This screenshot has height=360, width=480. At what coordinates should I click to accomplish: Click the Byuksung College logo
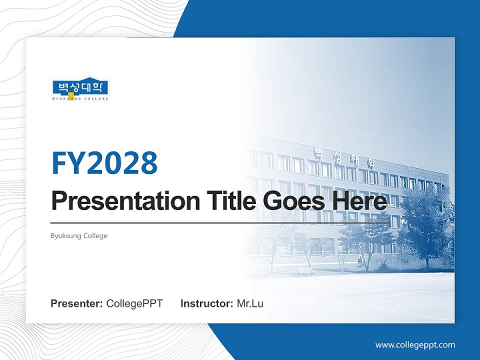coord(80,89)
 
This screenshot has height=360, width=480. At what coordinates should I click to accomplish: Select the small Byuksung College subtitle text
coord(79,235)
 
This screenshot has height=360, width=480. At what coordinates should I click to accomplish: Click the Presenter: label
coord(77,303)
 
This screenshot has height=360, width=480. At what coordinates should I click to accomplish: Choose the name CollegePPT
coord(134,303)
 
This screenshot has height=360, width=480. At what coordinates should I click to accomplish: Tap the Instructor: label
coord(206,303)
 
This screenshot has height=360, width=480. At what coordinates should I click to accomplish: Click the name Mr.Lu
coord(249,303)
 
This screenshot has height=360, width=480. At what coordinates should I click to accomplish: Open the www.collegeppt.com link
coord(415,344)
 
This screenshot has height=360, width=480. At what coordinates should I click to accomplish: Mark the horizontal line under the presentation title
coord(220,223)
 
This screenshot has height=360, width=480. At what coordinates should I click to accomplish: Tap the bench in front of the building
coord(305,271)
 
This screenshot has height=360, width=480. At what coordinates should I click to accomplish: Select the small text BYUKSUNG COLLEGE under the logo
coord(80,99)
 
